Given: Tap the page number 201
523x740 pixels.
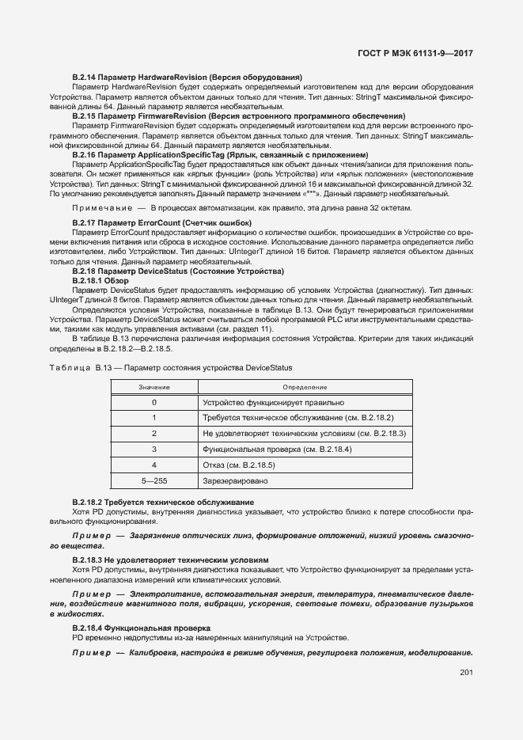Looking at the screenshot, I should tap(465, 673).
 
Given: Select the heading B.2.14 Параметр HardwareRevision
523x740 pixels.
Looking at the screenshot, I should tap(187, 76).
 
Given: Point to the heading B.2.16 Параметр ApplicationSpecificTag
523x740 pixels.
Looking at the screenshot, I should tap(220, 154).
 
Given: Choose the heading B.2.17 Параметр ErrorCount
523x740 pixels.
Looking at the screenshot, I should tap(161, 223).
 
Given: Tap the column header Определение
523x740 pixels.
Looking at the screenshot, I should tap(305, 387).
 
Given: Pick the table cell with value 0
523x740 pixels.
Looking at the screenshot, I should tap(153, 402).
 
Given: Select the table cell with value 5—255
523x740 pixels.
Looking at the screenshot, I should tap(153, 480).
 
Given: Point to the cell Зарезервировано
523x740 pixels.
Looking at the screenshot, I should tap(235, 480).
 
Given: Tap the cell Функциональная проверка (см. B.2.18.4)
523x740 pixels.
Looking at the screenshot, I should tap(277, 449).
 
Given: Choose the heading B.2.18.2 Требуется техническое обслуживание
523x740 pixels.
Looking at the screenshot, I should tap(163, 503).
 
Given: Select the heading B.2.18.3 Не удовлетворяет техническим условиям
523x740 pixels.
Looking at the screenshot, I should tap(171, 560).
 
